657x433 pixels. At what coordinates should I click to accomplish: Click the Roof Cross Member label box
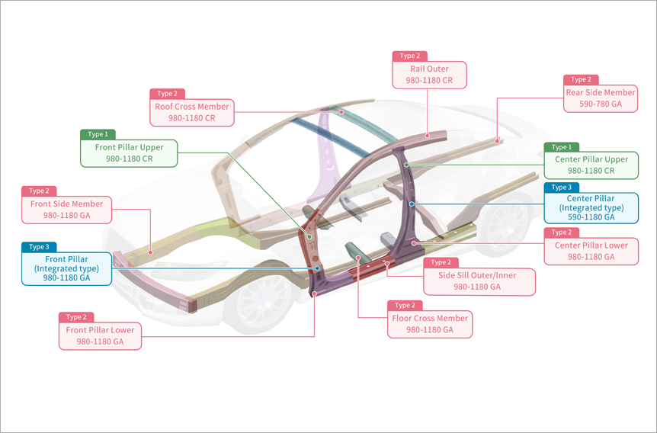click(x=192, y=112)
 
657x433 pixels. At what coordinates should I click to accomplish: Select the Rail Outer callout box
click(x=429, y=75)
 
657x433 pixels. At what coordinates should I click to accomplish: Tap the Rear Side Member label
click(x=601, y=98)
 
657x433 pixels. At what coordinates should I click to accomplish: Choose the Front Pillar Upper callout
click(x=129, y=153)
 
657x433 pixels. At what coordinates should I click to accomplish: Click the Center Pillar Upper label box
click(x=591, y=165)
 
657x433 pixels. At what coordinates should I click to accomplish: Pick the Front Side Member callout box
click(x=66, y=210)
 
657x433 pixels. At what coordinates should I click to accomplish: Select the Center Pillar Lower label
click(x=591, y=251)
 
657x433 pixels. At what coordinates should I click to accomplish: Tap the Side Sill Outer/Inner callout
click(x=479, y=282)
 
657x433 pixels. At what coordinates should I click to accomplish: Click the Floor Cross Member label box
click(x=430, y=324)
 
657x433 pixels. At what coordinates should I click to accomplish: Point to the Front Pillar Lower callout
click(x=100, y=335)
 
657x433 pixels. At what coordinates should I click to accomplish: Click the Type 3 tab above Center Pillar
click(x=562, y=188)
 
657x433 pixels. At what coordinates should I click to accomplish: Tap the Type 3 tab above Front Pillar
click(x=39, y=247)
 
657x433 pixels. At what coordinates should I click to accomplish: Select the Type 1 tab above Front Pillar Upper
click(x=98, y=135)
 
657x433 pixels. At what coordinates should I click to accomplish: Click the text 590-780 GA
click(x=601, y=104)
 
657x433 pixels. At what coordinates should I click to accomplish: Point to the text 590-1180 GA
click(x=591, y=217)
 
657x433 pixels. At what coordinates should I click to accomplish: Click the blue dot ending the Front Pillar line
click(x=317, y=268)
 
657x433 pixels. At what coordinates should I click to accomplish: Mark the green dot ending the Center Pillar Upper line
click(x=406, y=165)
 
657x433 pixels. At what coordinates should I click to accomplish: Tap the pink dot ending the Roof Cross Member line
click(x=341, y=112)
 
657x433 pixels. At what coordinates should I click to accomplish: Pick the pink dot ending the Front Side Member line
click(x=150, y=253)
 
